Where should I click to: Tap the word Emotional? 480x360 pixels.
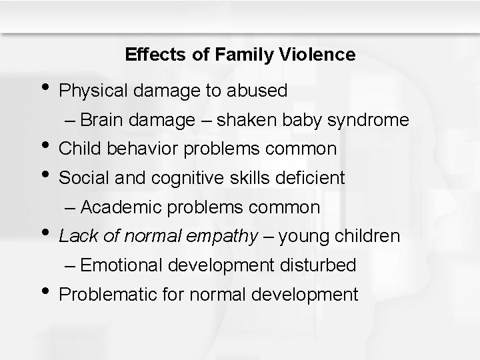(128, 265)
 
